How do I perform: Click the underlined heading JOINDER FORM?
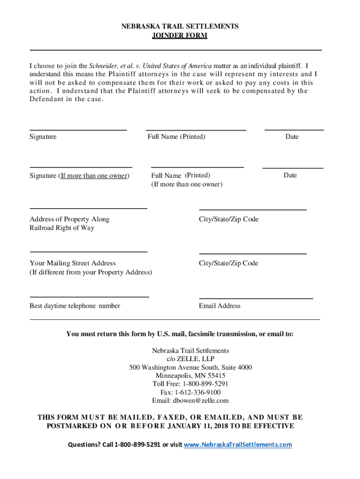[180, 36]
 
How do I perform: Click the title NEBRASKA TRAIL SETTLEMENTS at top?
[180, 27]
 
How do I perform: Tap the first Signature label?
[43, 137]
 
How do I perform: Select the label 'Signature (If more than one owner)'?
[79, 176]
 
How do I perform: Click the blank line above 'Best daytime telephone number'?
[89, 297]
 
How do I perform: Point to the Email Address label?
[220, 306]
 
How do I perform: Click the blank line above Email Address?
[256, 298]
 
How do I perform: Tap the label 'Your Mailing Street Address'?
[72, 263]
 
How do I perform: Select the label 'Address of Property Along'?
[69, 219]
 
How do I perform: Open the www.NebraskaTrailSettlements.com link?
[238, 444]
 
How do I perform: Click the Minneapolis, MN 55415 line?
[191, 376]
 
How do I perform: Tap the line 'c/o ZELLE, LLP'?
[191, 359]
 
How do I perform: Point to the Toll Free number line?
[191, 384]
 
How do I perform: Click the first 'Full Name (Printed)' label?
[176, 137]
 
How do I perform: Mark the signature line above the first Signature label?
[78, 130]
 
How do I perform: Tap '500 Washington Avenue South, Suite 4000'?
[191, 367]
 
